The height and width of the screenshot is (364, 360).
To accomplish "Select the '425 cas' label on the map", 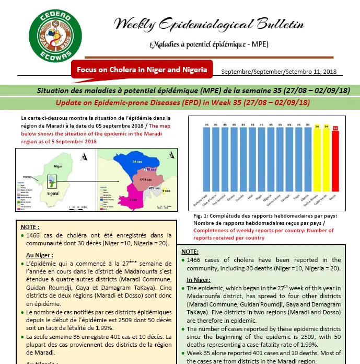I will pyautogui.click(x=154, y=188).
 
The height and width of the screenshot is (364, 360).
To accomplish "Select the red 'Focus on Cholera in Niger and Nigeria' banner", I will pyautogui.click(x=142, y=70).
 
